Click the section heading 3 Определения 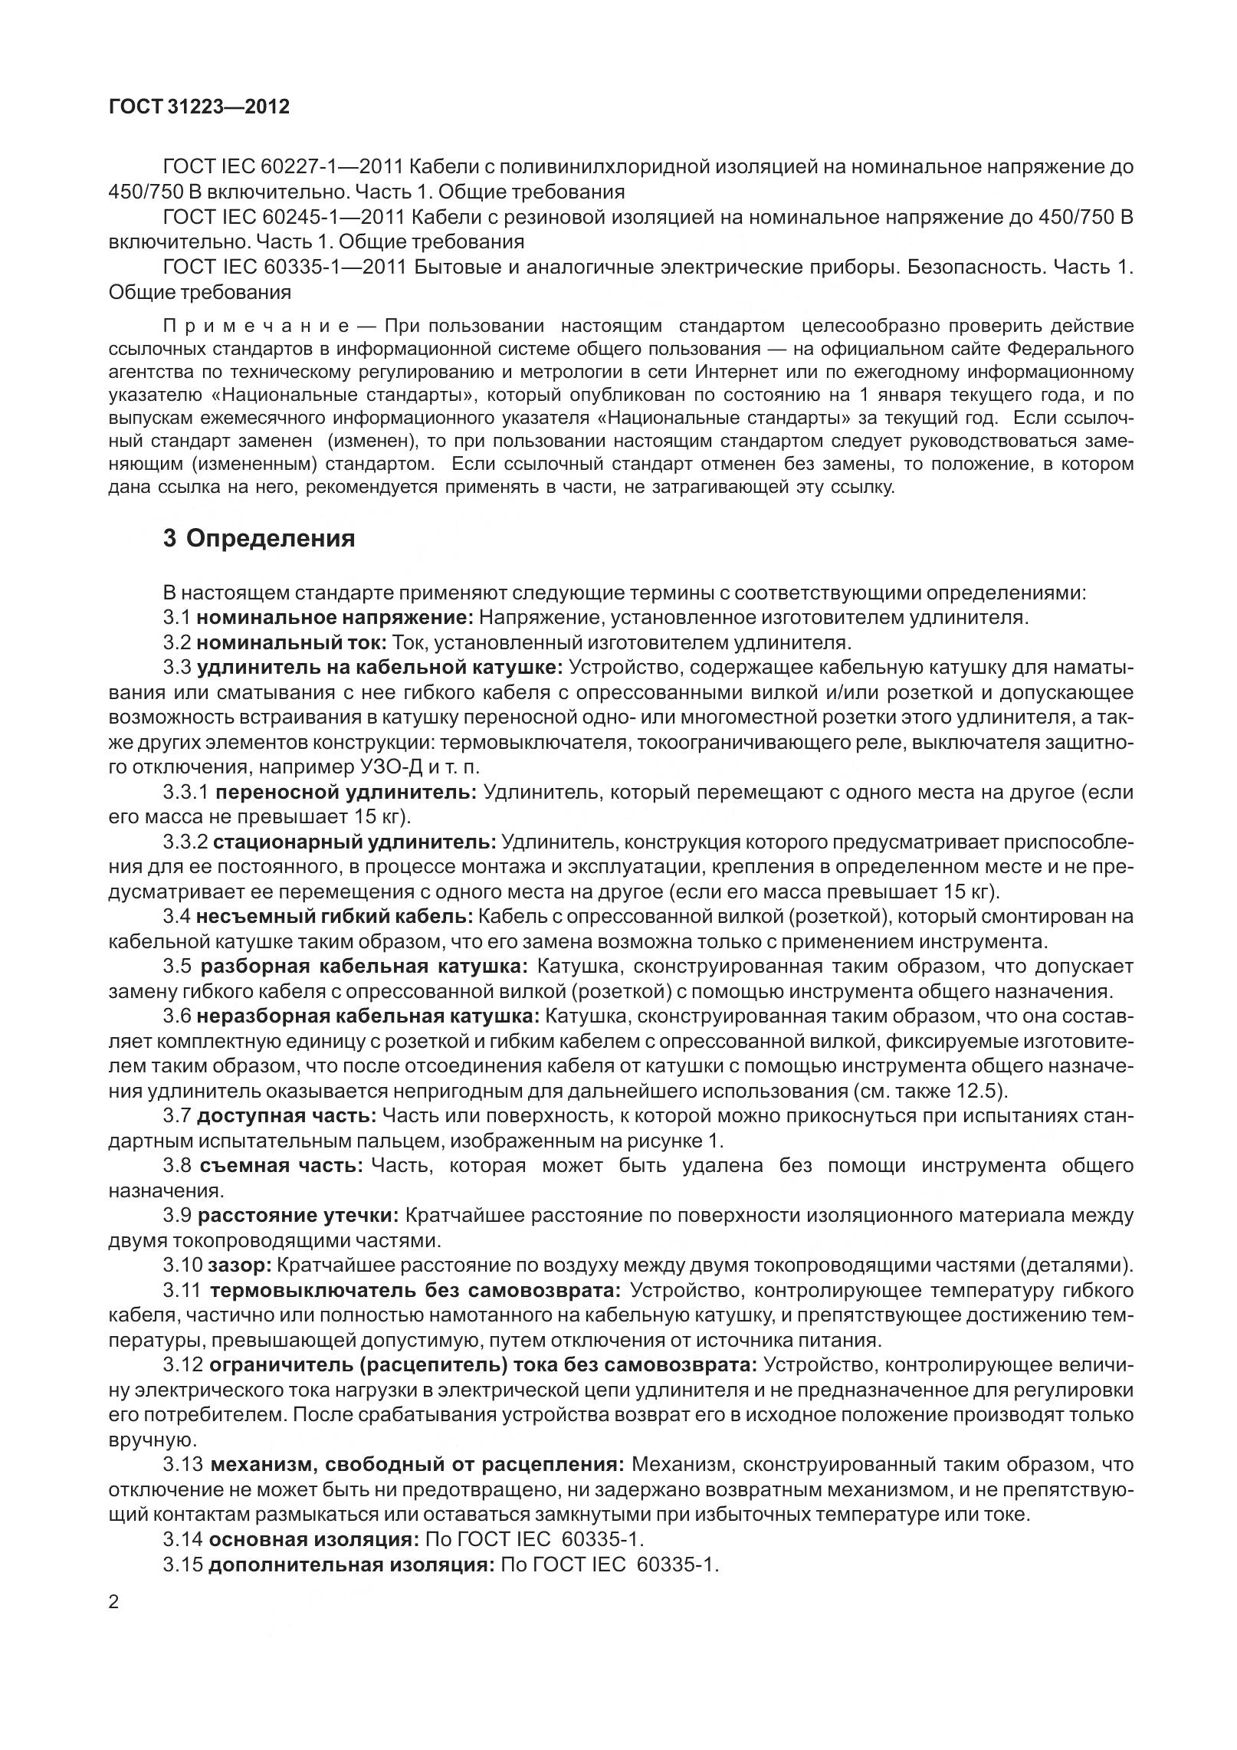[259, 539]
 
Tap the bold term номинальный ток [294, 642]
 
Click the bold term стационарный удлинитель [354, 842]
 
